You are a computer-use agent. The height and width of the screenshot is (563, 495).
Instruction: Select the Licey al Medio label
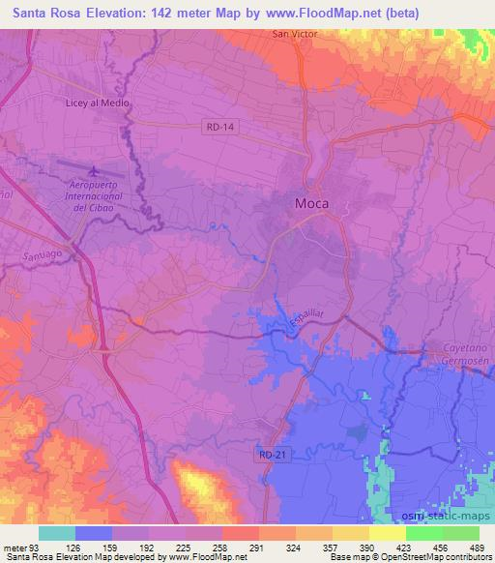pyautogui.click(x=97, y=103)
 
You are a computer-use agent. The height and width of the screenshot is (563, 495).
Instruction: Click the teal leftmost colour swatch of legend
pyautogui.click(x=57, y=533)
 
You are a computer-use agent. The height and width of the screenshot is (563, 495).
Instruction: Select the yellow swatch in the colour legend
pyautogui.click(x=387, y=533)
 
